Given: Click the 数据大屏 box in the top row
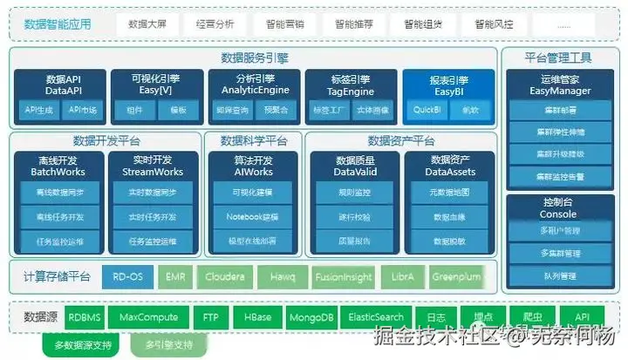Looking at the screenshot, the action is [146, 24].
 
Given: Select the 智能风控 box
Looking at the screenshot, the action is [494, 24].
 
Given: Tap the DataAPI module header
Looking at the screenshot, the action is [63, 85].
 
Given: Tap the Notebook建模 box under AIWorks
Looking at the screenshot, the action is [252, 216].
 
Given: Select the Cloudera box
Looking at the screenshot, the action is [224, 277].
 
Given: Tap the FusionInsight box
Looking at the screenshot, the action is [344, 277].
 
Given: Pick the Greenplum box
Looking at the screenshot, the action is [456, 277].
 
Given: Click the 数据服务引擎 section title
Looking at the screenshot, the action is [255, 58].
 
